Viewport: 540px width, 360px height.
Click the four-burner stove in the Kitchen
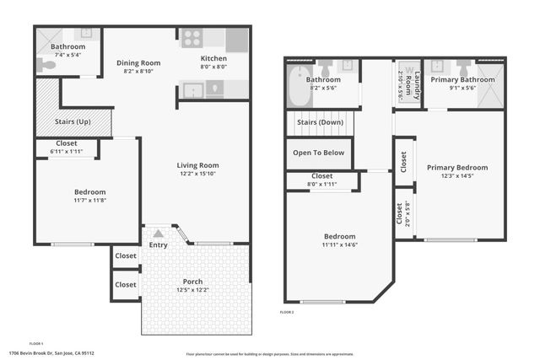click(191, 39)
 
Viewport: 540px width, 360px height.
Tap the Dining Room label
click(138, 63)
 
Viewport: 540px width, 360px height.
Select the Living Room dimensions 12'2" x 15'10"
click(197, 175)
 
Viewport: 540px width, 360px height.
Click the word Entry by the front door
click(159, 245)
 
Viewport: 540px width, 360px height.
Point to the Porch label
click(192, 282)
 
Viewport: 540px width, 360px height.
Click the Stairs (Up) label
click(73, 122)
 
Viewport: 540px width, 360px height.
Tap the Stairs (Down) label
click(320, 123)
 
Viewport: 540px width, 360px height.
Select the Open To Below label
click(318, 153)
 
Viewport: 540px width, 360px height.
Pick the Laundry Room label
click(406, 83)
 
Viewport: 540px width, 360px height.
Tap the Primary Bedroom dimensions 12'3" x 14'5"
click(456, 176)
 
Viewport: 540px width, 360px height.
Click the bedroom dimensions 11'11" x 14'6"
click(340, 245)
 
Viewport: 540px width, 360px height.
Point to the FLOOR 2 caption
click(288, 312)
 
